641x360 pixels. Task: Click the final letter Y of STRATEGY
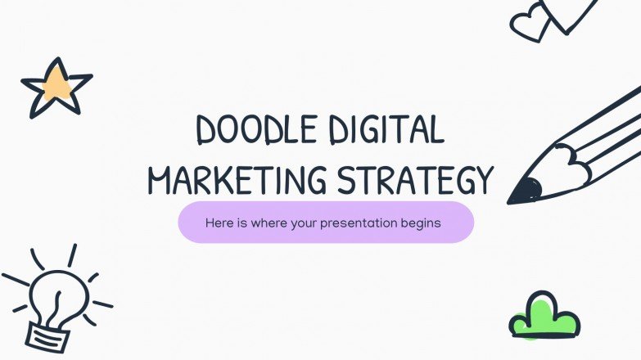[x=485, y=180]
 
